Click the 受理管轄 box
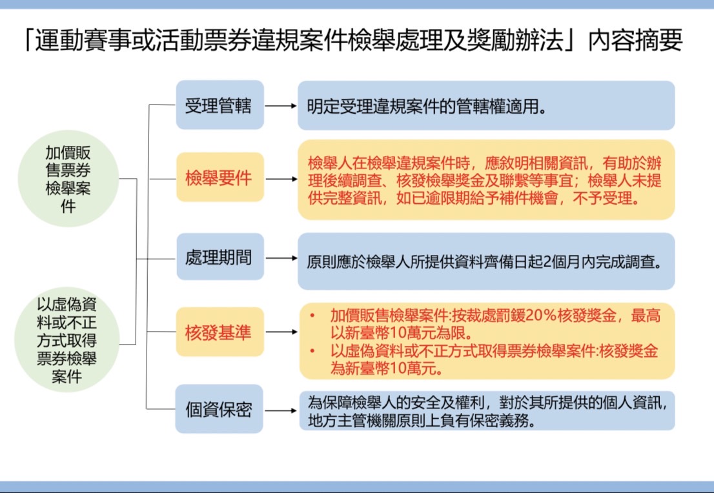coord(220,105)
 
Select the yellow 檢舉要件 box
coord(220,177)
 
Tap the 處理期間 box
coord(220,257)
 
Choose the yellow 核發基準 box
coord(220,332)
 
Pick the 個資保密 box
coord(219,408)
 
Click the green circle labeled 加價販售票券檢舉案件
coord(68,179)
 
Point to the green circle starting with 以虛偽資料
coord(67,339)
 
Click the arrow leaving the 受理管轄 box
coord(280,106)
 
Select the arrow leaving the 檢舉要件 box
coord(281,179)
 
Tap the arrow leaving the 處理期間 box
coord(281,258)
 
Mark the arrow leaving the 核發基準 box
coord(281,332)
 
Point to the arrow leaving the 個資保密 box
coord(280,410)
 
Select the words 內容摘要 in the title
coord(635,40)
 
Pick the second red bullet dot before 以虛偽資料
coord(312,351)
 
